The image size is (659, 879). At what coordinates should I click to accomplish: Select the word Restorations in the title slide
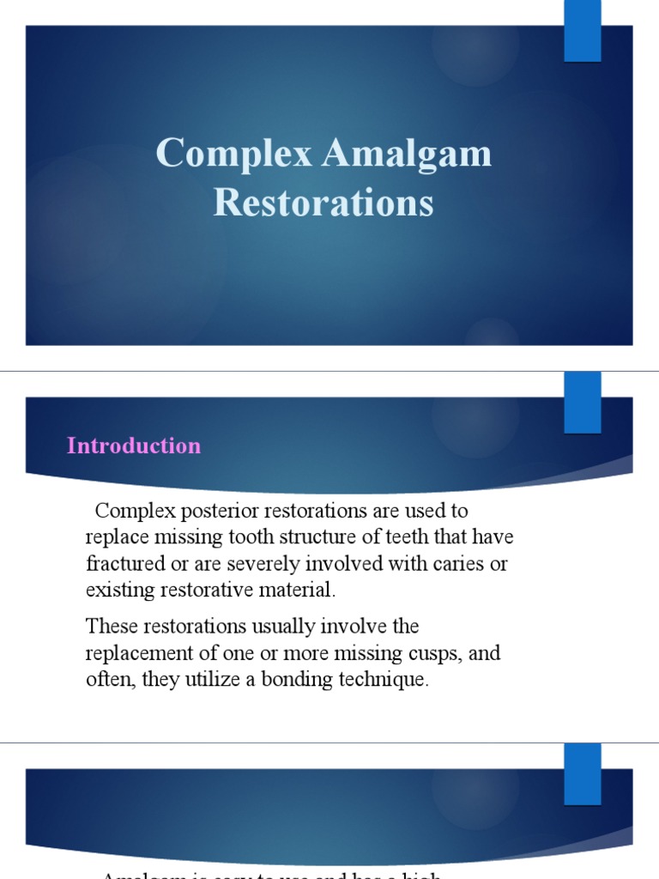click(x=323, y=204)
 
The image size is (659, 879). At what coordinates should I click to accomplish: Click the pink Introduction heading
click(x=134, y=446)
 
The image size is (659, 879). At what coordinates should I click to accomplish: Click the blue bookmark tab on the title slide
click(x=582, y=31)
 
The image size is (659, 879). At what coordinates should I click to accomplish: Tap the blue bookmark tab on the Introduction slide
click(x=582, y=403)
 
